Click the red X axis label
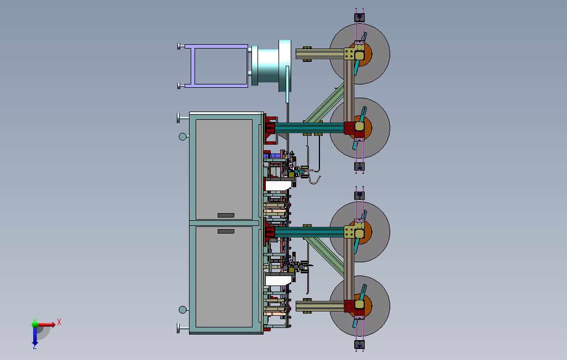pos(59,322)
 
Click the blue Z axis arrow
pos(35,336)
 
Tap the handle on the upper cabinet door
pos(226,215)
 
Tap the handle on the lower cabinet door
pos(226,231)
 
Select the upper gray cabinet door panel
pos(224,169)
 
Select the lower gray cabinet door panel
pos(224,277)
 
